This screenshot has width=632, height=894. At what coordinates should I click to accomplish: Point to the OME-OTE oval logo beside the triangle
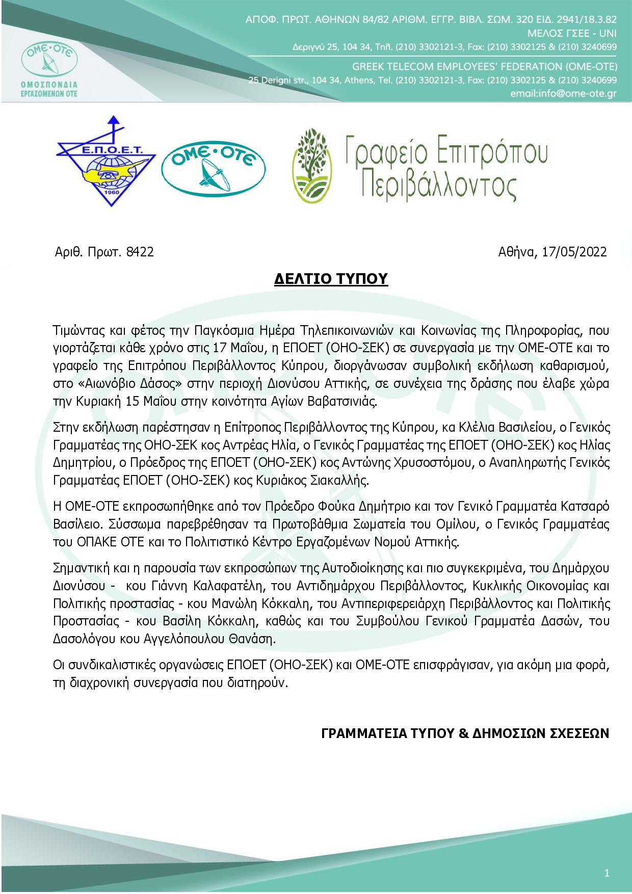[214, 165]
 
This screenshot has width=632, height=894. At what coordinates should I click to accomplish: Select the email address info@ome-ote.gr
[563, 94]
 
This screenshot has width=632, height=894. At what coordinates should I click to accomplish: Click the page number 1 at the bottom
[607, 874]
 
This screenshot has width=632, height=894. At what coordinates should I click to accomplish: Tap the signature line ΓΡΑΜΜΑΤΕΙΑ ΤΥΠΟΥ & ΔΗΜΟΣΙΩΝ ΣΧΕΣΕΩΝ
[465, 732]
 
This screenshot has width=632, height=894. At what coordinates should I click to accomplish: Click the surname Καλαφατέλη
[205, 588]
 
